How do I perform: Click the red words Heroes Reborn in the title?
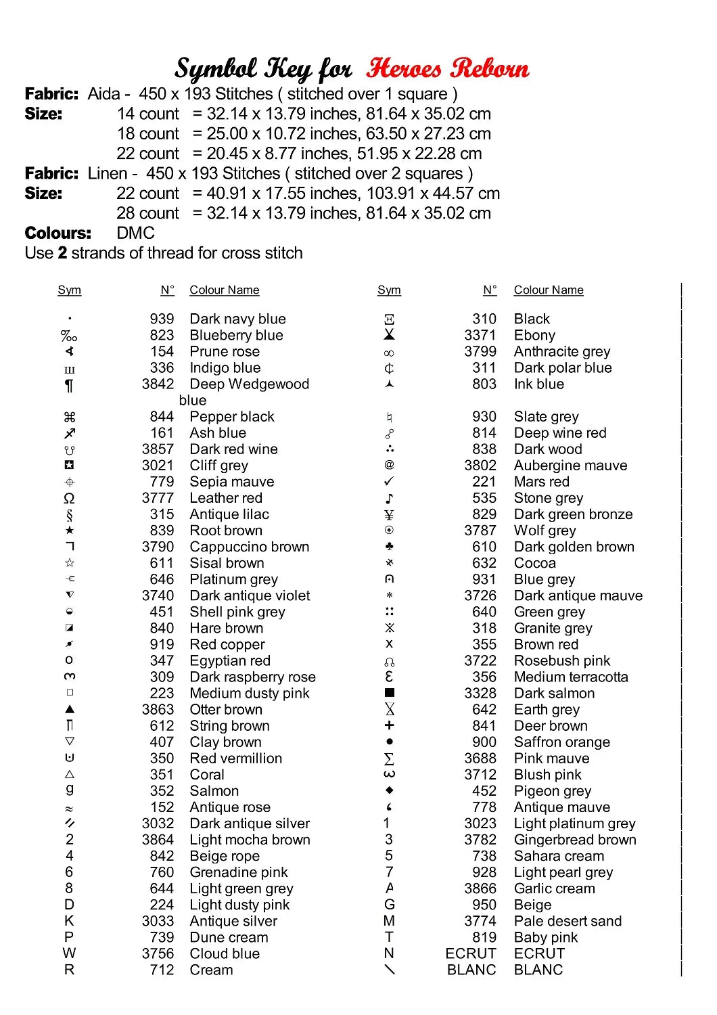pyautogui.click(x=447, y=68)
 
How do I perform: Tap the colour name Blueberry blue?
pyautogui.click(x=236, y=335)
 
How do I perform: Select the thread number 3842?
pyautogui.click(x=158, y=384)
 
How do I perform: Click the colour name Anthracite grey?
pyautogui.click(x=561, y=351)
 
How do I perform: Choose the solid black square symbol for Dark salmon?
pyautogui.click(x=389, y=693)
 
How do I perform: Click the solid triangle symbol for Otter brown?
pyautogui.click(x=70, y=709)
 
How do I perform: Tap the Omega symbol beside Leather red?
pyautogui.click(x=69, y=499)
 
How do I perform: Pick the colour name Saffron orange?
pyautogui.click(x=561, y=742)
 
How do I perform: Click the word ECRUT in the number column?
pyautogui.click(x=471, y=953)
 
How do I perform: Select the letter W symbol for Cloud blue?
pyautogui.click(x=69, y=953)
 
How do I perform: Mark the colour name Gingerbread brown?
pyautogui.click(x=574, y=840)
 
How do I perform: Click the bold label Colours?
pyautogui.click(x=57, y=233)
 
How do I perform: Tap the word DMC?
pyautogui.click(x=135, y=233)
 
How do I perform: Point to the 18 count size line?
pyautogui.click(x=304, y=134)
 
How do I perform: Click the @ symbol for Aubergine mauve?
pyautogui.click(x=389, y=465)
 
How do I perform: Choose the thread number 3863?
pyautogui.click(x=158, y=710)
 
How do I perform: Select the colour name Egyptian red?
pyautogui.click(x=229, y=661)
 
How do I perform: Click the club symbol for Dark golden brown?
pyautogui.click(x=389, y=546)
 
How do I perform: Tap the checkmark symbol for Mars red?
pyautogui.click(x=389, y=481)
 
